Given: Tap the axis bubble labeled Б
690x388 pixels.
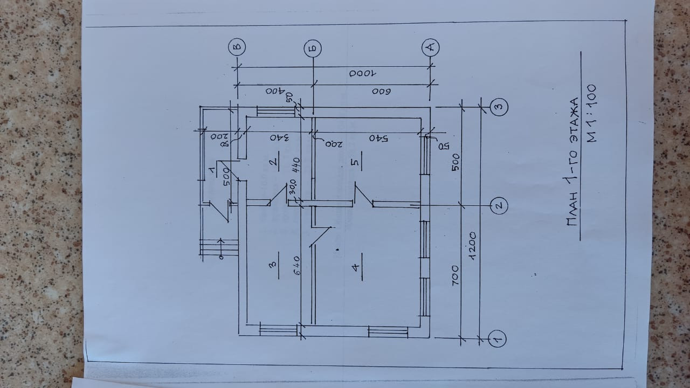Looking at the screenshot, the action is pyautogui.click(x=313, y=47).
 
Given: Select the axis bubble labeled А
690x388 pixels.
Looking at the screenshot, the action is pyautogui.click(x=431, y=47).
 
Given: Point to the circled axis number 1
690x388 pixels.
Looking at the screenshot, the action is pyautogui.click(x=495, y=338).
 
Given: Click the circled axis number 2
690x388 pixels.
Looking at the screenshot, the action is pyautogui.click(x=499, y=205).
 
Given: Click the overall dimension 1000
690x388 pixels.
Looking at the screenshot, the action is pyautogui.click(x=364, y=74).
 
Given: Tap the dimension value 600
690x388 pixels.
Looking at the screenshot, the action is pyautogui.click(x=380, y=91).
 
